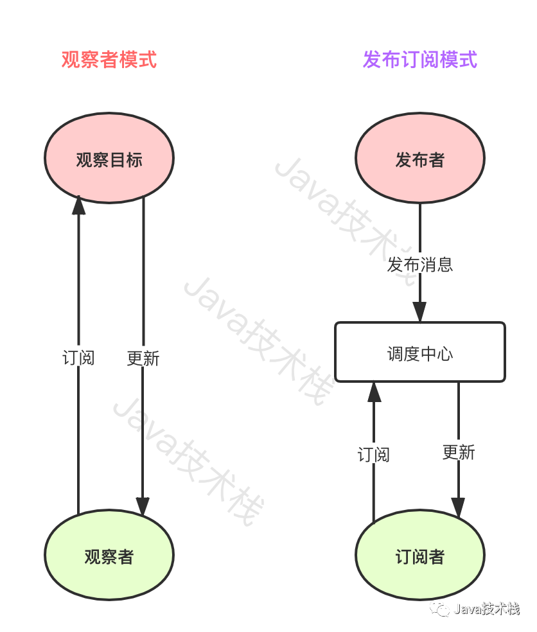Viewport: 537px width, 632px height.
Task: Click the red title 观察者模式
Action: coord(109,60)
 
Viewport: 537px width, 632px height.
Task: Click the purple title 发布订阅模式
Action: coord(420,60)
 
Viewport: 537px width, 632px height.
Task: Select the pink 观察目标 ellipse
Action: coord(109,159)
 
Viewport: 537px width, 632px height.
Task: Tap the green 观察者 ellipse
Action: coord(109,556)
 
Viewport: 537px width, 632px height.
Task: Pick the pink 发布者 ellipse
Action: coord(420,159)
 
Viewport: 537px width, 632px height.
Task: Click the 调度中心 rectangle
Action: coord(420,353)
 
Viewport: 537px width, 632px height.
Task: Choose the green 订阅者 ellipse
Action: coord(420,556)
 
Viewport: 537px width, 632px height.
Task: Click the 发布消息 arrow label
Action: coord(420,264)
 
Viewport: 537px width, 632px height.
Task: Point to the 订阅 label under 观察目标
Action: coord(78,358)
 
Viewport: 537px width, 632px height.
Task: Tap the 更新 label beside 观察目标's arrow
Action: coord(143,358)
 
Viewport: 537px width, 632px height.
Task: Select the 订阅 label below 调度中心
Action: coord(374,455)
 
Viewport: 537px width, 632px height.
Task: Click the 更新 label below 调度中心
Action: coord(459,452)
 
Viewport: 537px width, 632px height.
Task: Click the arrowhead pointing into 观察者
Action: coord(143,506)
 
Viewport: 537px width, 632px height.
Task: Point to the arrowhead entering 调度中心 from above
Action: coord(420,312)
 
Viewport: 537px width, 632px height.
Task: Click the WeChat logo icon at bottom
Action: coord(441,608)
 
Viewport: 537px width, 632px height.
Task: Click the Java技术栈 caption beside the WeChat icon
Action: coord(486,608)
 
